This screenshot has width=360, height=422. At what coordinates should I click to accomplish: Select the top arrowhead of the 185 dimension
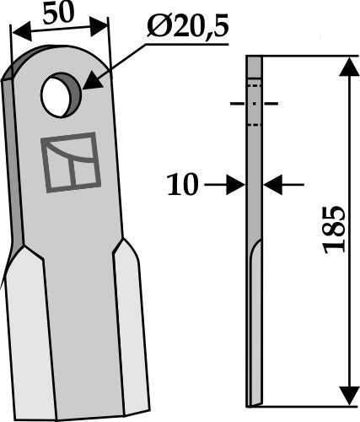pos(346,67)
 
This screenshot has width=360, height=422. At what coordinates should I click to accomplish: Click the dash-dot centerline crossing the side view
pos(254,105)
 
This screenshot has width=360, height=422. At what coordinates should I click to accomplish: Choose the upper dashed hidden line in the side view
pos(254,85)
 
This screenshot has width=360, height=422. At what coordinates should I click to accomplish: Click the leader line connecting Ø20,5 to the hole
pos(126,59)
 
